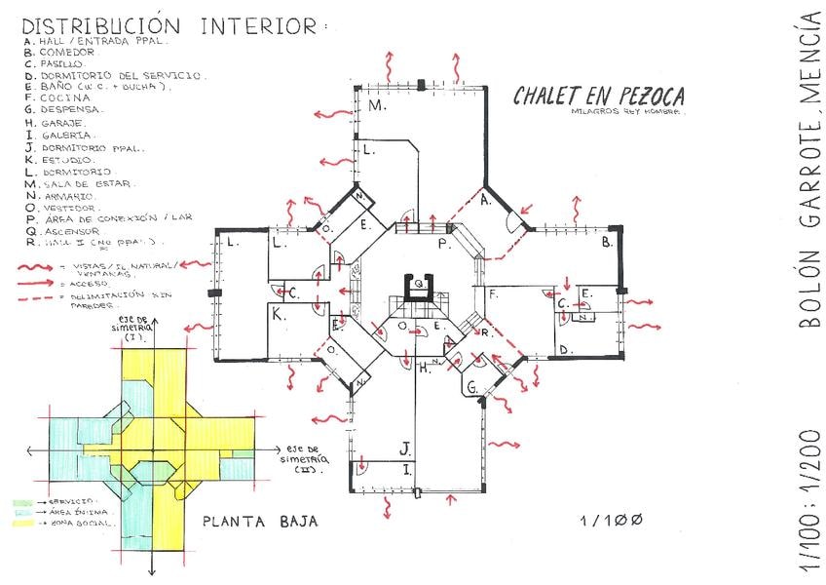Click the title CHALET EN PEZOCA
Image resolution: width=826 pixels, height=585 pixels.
click(x=599, y=96)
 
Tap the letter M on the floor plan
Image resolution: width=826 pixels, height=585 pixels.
click(x=375, y=104)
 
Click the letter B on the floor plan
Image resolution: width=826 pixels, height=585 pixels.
click(x=606, y=241)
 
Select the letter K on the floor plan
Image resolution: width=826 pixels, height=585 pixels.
click(x=278, y=314)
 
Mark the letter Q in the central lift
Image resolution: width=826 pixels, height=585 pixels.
click(x=419, y=283)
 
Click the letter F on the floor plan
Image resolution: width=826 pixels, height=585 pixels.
click(x=494, y=292)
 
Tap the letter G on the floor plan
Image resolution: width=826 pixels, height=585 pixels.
click(x=471, y=388)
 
